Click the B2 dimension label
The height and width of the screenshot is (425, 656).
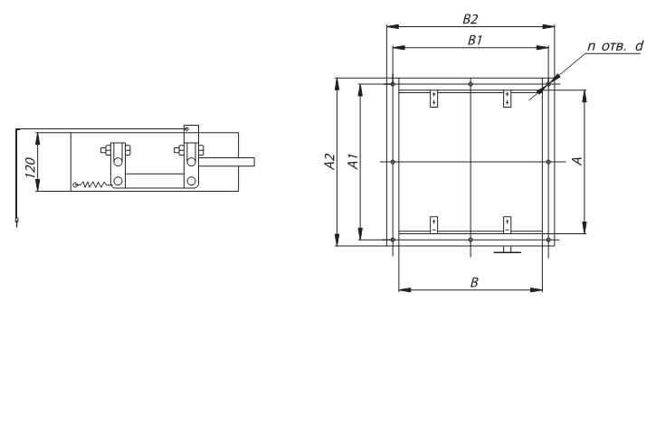pos(471,19)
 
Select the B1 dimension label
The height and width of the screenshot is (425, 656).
pos(475,40)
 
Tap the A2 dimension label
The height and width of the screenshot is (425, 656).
pos(330,162)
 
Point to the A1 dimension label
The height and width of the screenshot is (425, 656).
pos(354,162)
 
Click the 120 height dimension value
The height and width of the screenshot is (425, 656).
pos(30,168)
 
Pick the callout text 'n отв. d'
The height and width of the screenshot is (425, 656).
pos(615,46)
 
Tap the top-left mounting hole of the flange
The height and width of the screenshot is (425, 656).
pos(393,84)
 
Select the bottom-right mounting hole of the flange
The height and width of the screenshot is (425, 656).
pos(548,240)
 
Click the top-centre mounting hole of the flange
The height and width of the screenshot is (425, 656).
pos(471,84)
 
